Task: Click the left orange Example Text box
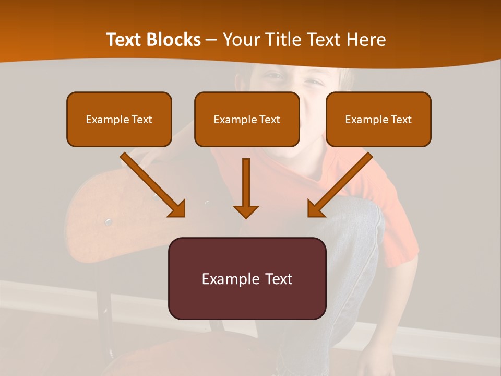coord(119,119)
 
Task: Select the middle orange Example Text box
coord(247,119)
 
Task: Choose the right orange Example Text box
coord(378,119)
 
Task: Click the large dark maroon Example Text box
coord(247,278)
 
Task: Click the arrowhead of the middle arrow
coord(246,211)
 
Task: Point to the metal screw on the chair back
coord(108,222)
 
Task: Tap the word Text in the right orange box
coord(401,120)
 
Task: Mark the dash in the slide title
coord(211,40)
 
